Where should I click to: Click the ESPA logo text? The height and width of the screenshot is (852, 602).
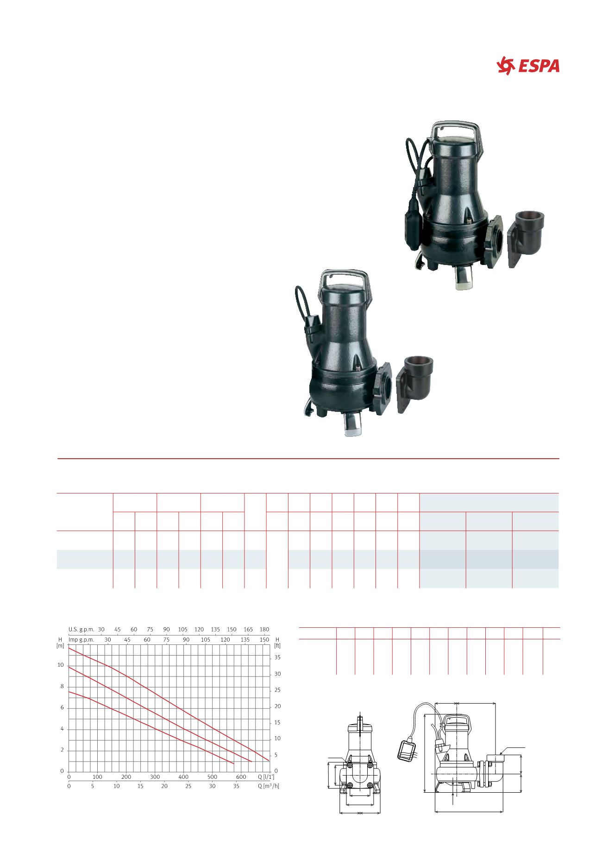[539, 66]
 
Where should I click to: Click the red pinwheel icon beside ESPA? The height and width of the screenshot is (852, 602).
[506, 65]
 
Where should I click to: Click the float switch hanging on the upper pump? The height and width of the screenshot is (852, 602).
[412, 213]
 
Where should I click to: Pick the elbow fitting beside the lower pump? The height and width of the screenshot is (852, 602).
[415, 383]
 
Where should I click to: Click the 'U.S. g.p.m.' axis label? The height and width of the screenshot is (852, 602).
[82, 630]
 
